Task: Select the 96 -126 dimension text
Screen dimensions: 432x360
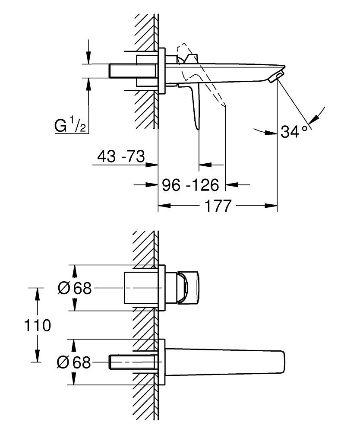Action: (x=190, y=185)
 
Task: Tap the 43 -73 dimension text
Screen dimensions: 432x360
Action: (x=120, y=156)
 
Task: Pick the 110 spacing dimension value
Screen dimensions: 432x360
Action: (x=36, y=325)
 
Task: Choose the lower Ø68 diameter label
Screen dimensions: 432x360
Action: (x=74, y=362)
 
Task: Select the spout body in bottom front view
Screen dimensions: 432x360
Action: (x=224, y=362)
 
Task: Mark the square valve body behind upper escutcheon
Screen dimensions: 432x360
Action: (x=140, y=288)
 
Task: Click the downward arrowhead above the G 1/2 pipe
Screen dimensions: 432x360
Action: (x=88, y=60)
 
